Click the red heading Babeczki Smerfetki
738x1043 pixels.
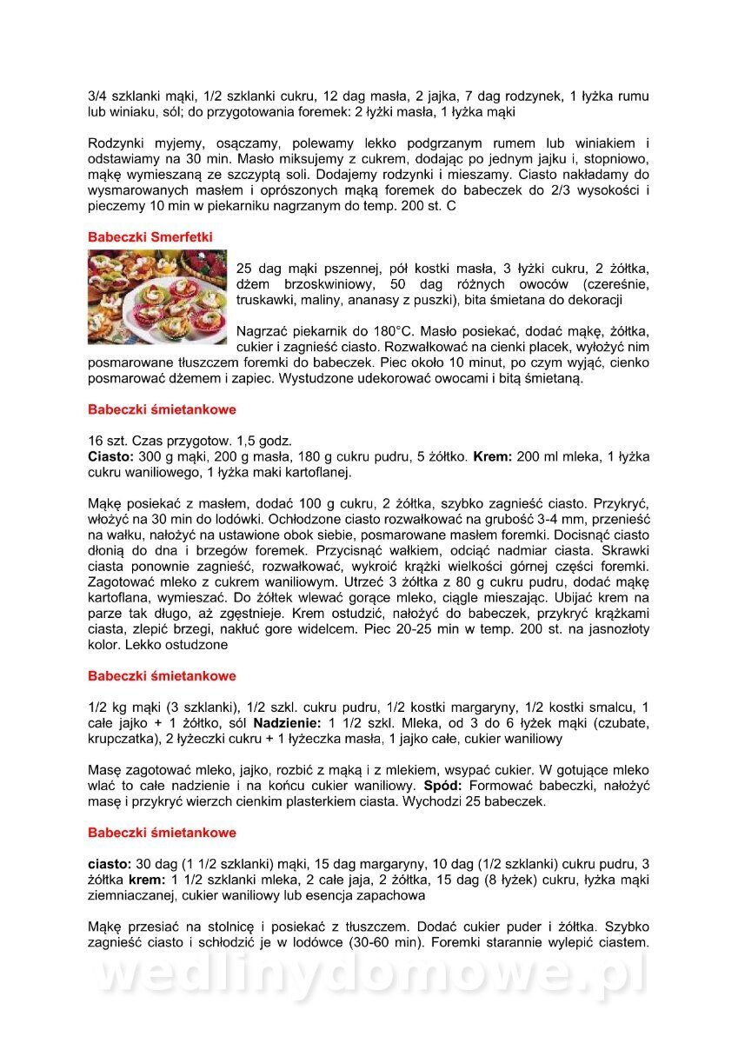[x=150, y=236]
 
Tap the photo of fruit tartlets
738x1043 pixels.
[x=156, y=296]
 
